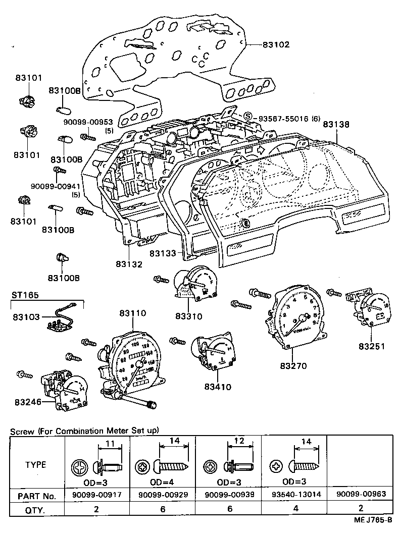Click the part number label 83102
click(276, 45)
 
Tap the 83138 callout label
click(337, 123)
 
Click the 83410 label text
click(218, 387)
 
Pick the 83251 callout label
click(372, 346)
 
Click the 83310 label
click(188, 316)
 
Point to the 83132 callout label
click(129, 263)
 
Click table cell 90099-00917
click(97, 496)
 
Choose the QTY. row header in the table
click(36, 510)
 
